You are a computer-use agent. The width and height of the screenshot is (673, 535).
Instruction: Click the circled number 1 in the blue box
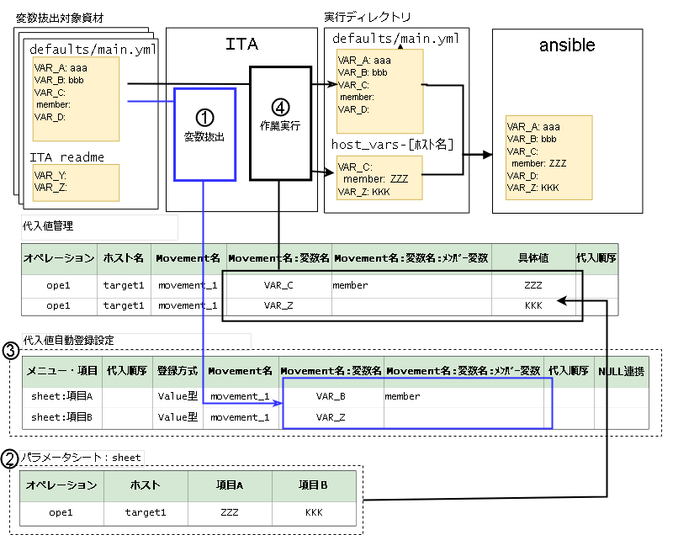[204, 114]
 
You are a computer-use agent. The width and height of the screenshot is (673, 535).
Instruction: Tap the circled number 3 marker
[10, 349]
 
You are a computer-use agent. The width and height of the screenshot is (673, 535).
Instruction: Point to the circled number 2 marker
[10, 458]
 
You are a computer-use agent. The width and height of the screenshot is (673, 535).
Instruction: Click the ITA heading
[242, 45]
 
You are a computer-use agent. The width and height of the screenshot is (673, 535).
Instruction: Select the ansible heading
[567, 45]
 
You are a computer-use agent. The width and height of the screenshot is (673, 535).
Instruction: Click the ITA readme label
[67, 157]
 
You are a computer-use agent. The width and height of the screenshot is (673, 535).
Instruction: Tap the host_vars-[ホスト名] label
[393, 145]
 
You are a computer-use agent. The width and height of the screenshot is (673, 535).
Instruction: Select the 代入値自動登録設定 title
[69, 341]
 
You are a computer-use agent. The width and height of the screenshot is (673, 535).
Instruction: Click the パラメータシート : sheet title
[81, 458]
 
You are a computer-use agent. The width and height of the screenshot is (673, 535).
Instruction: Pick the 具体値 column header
[533, 258]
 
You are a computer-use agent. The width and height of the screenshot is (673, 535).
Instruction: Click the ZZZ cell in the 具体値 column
[533, 285]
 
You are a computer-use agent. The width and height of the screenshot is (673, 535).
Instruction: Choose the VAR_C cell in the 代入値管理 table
[278, 285]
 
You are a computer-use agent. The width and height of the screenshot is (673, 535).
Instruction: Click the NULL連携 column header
[621, 371]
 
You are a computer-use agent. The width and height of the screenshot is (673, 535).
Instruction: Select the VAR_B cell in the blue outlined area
[331, 396]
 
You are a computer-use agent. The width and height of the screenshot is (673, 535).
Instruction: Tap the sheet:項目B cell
[61, 417]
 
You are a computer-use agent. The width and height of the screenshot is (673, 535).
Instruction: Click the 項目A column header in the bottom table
[229, 485]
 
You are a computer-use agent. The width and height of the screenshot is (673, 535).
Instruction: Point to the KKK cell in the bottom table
[314, 511]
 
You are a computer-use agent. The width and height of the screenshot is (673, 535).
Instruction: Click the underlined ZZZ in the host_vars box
[399, 178]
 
